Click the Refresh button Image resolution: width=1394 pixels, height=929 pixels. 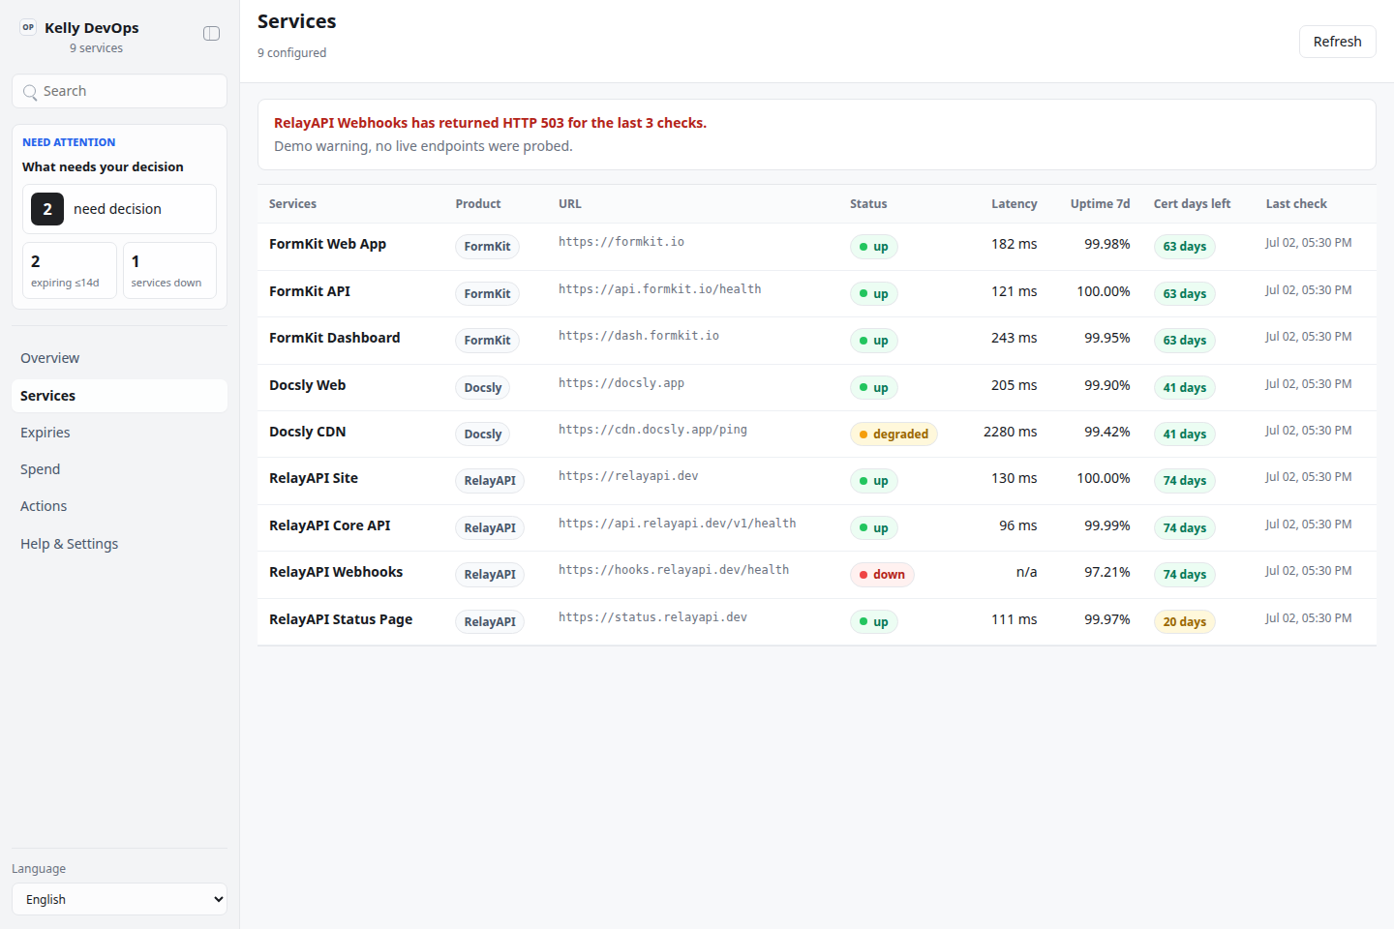(1337, 42)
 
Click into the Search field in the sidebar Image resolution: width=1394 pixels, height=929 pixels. (119, 91)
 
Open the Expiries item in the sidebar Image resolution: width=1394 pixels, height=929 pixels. (45, 433)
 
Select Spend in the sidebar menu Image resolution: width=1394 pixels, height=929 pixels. (40, 469)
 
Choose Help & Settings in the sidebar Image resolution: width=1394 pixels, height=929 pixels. (69, 544)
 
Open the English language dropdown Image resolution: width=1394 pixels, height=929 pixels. (119, 899)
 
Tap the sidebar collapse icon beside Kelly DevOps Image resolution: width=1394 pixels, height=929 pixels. (212, 33)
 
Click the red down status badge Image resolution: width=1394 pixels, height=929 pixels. (882, 574)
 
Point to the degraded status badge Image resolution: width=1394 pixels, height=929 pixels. (894, 434)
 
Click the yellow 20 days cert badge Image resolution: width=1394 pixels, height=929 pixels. (1184, 621)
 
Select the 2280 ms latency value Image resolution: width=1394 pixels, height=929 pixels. (1010, 432)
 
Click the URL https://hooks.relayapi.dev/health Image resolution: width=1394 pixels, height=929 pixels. (674, 570)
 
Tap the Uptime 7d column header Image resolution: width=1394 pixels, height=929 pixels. (1100, 204)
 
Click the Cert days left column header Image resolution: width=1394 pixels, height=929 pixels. (1192, 204)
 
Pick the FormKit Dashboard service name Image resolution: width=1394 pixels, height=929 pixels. (334, 338)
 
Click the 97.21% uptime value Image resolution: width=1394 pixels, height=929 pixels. (1106, 573)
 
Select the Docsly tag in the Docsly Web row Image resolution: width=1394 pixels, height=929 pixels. (482, 388)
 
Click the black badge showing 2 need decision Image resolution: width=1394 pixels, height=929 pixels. (47, 209)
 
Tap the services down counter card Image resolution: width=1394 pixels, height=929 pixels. (169, 271)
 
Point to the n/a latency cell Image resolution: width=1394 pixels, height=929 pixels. (1026, 573)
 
